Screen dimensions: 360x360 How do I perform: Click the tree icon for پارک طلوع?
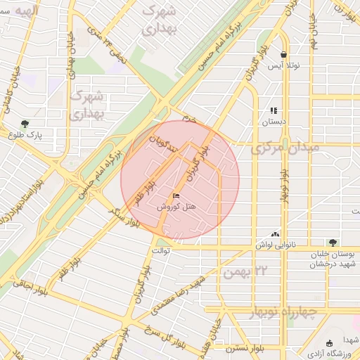coord(25,124)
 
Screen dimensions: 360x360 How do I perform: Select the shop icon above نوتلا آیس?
coord(283,54)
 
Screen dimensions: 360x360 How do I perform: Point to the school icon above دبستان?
coord(274,110)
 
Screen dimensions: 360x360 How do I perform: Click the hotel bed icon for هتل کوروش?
coord(175,195)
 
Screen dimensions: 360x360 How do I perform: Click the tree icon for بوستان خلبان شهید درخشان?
coord(333,242)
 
